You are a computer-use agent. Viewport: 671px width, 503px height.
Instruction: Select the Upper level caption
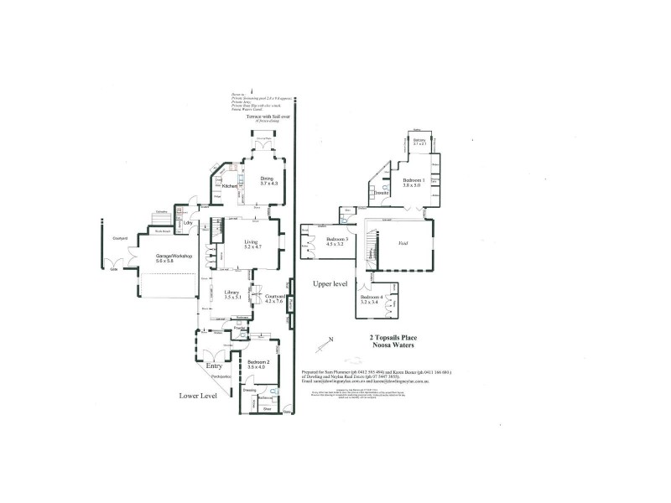[x=330, y=284]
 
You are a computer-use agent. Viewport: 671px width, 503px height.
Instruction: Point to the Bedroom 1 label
[x=414, y=181]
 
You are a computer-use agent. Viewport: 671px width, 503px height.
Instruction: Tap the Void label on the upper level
[x=402, y=242]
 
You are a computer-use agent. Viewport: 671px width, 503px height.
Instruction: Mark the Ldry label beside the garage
[x=190, y=224]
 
